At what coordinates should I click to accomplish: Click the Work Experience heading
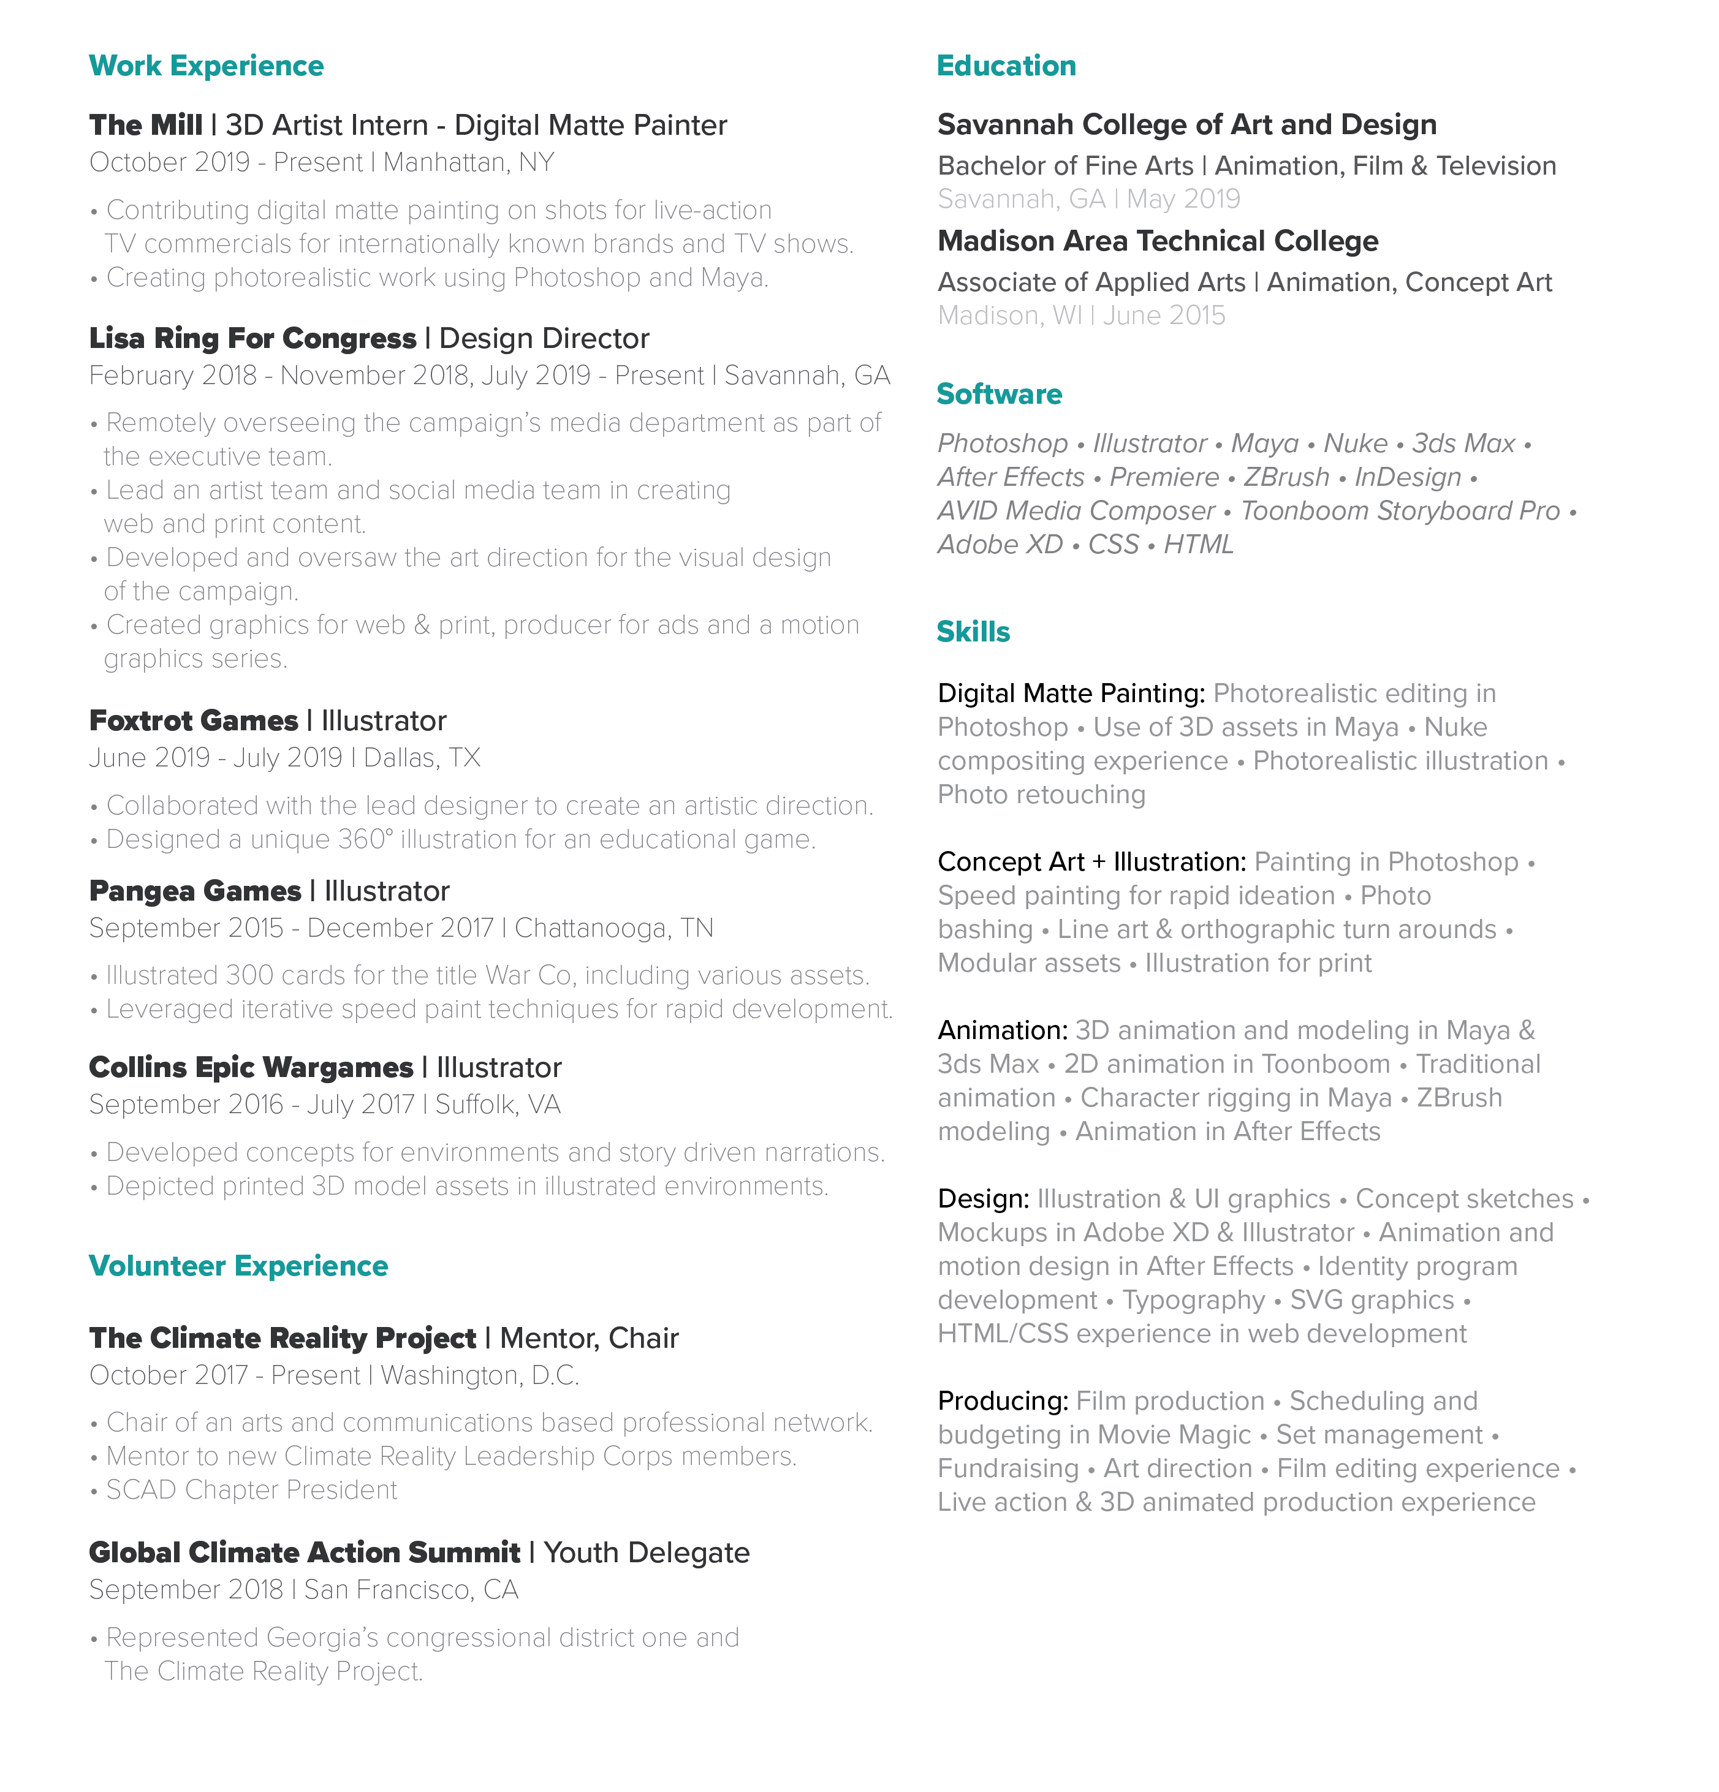206,66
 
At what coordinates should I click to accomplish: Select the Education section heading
1006,66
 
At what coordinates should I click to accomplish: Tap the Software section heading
998,394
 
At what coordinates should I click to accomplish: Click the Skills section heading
973,632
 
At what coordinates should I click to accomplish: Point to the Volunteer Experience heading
238,1266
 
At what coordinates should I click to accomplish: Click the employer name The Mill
145,125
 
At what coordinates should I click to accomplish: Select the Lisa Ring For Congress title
252,338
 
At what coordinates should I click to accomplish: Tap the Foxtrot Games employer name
193,720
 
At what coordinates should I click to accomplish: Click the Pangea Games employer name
195,891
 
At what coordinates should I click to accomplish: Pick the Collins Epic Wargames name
251,1068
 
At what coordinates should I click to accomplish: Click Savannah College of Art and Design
1186,124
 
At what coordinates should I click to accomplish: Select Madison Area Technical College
1158,241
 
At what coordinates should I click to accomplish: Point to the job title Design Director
544,338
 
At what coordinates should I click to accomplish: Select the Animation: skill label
1002,1030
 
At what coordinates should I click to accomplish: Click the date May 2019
1183,199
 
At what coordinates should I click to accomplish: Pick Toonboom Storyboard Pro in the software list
1400,511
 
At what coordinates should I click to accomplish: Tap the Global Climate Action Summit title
305,1552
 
